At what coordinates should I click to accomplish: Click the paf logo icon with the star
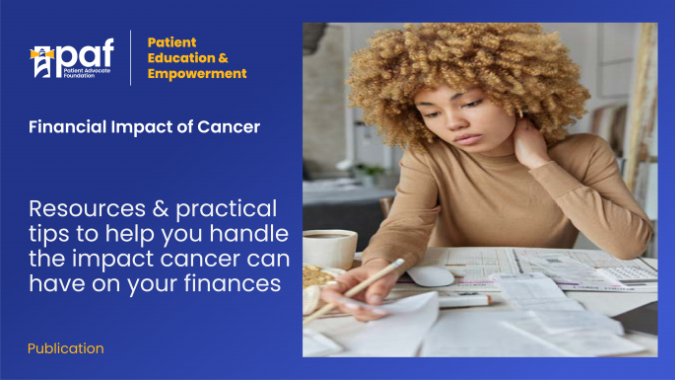coord(40,60)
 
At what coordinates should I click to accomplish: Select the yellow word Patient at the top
coord(172,42)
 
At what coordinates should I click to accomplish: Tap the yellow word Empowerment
coord(197,73)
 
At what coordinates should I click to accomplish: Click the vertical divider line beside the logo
coord(130,57)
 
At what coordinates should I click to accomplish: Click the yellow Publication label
coord(65,348)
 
